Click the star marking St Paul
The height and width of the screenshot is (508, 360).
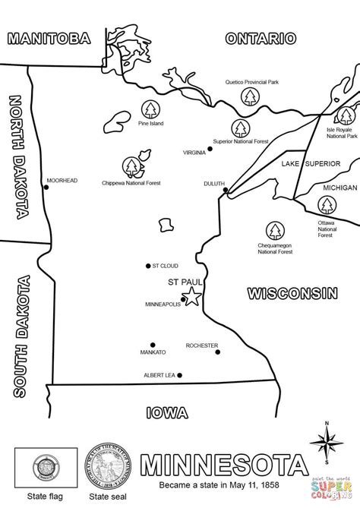click(x=193, y=297)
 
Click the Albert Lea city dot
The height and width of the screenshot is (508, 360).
click(x=181, y=375)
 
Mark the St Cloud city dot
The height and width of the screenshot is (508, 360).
click(x=148, y=266)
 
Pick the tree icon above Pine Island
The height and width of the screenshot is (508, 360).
click(x=149, y=109)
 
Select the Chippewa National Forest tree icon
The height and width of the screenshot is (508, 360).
click(x=131, y=166)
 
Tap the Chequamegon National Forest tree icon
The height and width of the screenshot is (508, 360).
click(x=274, y=229)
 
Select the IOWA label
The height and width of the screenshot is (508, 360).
click(x=166, y=413)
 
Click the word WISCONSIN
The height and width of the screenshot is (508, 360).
click(x=292, y=292)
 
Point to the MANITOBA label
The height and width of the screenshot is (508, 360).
click(x=46, y=38)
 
